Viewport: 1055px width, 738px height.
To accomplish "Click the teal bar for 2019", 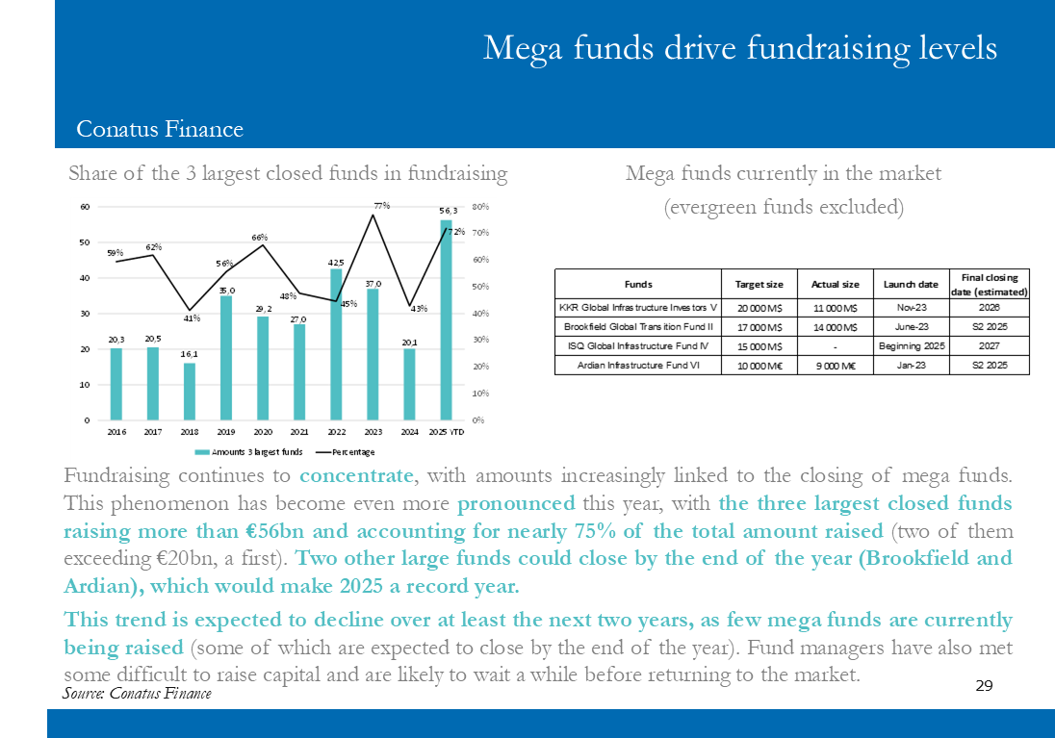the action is (226, 358).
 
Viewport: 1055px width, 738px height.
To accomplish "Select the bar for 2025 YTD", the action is (446, 320).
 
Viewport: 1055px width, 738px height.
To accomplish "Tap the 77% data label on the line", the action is (382, 206).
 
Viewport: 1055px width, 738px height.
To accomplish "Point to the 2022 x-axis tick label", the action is (336, 432).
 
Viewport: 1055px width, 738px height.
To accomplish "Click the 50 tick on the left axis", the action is (85, 242).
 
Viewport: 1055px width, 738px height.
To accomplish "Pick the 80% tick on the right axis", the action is (480, 207).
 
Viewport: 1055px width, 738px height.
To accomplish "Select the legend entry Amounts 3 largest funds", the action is (249, 452).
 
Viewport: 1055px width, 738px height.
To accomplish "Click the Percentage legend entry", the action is (346, 452).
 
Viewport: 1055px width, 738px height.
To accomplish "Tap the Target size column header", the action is (759, 285).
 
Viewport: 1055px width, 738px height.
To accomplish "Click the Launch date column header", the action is (911, 285).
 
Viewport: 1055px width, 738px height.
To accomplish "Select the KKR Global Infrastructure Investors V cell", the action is (638, 308).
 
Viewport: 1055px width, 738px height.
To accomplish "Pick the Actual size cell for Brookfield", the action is (835, 327).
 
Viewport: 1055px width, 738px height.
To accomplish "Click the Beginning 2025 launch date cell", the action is (912, 345).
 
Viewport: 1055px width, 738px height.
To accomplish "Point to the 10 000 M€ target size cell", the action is (759, 366).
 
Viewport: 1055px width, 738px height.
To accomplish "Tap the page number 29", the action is (984, 685).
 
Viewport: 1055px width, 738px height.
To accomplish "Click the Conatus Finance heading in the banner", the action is (160, 129).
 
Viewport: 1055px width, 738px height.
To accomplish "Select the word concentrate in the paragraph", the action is (356, 475).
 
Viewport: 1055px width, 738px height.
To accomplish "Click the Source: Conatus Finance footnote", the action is (137, 693).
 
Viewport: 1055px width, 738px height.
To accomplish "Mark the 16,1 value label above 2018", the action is (189, 354).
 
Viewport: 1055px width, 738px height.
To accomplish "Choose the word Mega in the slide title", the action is (522, 49).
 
